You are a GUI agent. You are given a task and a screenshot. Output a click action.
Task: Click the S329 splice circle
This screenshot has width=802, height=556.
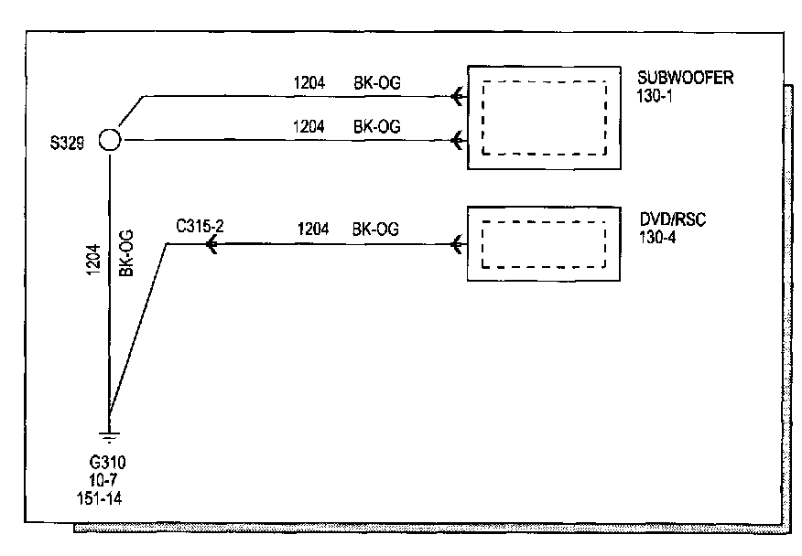click(x=109, y=140)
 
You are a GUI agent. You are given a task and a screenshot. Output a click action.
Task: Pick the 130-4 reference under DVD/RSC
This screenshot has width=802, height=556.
click(x=655, y=238)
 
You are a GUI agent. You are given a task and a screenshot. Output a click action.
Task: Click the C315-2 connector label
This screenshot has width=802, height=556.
click(x=200, y=223)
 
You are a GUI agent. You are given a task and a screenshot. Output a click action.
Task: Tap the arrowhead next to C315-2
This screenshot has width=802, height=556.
click(x=211, y=244)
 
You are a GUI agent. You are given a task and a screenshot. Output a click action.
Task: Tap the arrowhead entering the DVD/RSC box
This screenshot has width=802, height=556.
click(x=457, y=244)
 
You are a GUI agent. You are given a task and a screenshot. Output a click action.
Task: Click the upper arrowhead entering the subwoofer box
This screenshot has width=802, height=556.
click(x=457, y=95)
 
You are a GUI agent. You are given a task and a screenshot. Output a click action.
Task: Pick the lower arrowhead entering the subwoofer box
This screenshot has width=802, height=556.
click(x=457, y=140)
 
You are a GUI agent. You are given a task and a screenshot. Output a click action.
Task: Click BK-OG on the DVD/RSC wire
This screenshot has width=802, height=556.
click(x=376, y=230)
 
